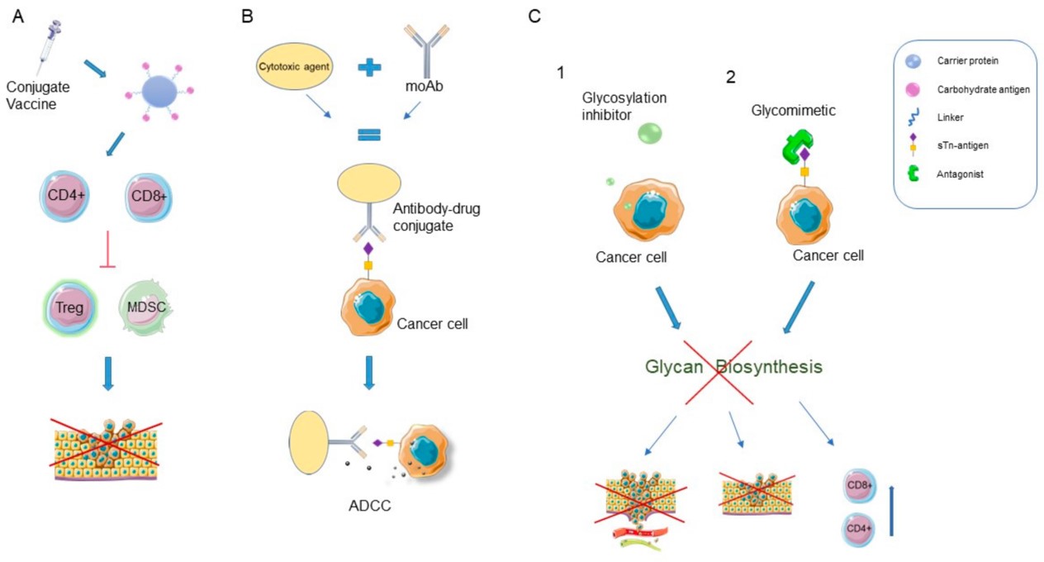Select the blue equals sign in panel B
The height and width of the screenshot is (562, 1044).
point(369,134)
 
